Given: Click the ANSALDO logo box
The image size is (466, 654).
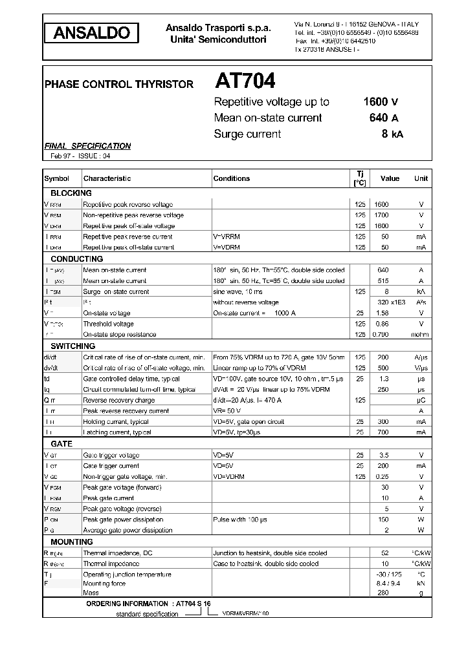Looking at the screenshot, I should click(x=91, y=32).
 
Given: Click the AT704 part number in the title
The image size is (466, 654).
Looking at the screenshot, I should click(x=245, y=81).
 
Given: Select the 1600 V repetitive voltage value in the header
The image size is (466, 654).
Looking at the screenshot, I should click(x=381, y=101).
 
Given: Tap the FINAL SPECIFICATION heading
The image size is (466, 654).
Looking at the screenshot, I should click(x=87, y=146).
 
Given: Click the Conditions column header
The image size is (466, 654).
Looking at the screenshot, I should click(x=231, y=178).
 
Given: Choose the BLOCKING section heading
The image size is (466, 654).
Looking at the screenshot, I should click(x=71, y=193).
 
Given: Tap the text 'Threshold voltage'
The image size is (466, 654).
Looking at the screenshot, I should click(x=108, y=324).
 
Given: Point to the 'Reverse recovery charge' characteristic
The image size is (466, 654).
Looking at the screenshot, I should click(x=119, y=401).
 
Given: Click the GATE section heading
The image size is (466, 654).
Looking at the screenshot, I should click(x=61, y=444).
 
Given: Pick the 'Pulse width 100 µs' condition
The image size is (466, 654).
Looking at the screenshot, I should click(x=241, y=520).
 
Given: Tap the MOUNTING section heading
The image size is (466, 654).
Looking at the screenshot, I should click(x=72, y=542).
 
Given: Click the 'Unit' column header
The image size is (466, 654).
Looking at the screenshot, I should click(x=421, y=178).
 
